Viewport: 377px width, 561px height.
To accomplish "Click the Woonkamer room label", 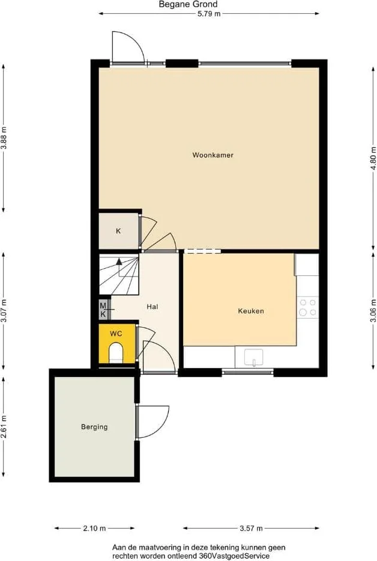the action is [x=213, y=155].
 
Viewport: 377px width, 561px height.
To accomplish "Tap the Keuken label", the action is [x=251, y=311].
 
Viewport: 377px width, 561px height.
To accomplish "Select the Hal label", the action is [x=152, y=307].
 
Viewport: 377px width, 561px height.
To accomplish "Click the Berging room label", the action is [x=94, y=427].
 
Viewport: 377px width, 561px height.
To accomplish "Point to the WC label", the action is [x=116, y=334].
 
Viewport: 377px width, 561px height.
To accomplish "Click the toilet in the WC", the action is [x=116, y=352].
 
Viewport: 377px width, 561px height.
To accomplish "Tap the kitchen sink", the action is [x=254, y=357].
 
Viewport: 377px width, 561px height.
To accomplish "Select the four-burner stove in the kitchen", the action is [x=308, y=307].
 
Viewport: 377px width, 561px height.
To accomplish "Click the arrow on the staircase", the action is [x=119, y=262].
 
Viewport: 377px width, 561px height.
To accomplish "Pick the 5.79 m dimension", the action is [x=209, y=14].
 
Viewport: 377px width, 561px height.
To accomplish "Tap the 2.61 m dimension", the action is [x=4, y=426].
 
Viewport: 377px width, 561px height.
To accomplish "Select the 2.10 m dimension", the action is [x=94, y=528].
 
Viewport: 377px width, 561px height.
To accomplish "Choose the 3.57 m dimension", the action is [x=251, y=528].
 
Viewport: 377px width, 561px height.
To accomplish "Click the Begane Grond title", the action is [x=188, y=4].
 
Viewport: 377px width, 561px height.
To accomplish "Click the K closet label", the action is [x=118, y=231].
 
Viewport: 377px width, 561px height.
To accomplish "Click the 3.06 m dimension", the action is [x=373, y=310].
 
